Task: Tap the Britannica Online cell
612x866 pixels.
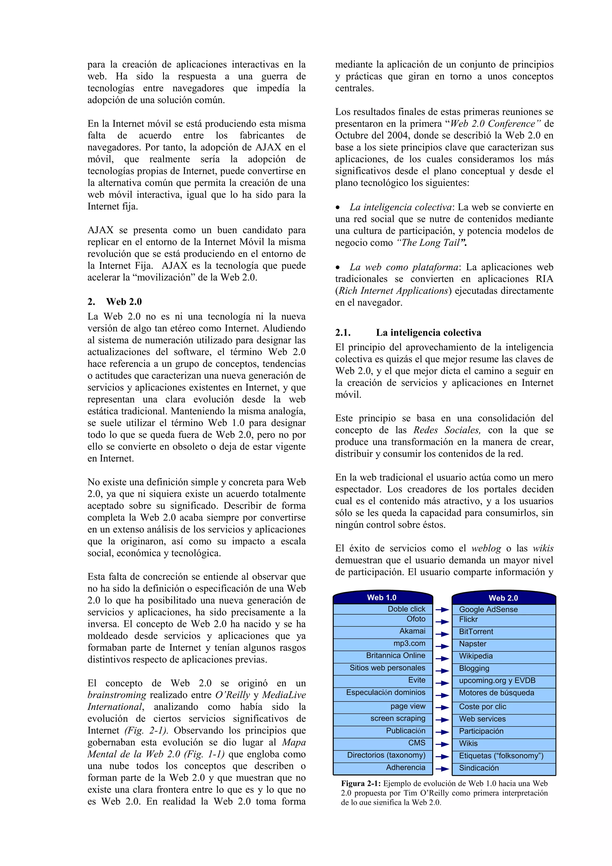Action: pos(383,656)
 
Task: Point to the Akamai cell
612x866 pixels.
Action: pos(383,631)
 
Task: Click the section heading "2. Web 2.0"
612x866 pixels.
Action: pos(115,302)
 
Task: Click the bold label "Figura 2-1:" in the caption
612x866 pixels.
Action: pos(361,783)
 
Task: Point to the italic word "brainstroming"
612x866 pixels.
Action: pos(117,695)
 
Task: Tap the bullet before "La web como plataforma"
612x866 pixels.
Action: pos(338,268)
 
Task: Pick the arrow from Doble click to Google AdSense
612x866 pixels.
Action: pos(442,610)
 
